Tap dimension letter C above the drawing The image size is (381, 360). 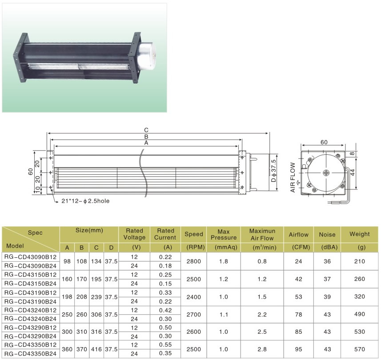pos(146,130)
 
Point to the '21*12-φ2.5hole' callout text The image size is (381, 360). pos(85,201)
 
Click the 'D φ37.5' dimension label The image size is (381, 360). pos(273,171)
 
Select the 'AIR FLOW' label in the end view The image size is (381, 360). pos(293,177)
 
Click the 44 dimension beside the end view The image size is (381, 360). pos(353,172)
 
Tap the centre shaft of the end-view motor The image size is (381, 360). pos(325,173)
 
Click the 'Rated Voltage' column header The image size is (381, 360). pos(134,234)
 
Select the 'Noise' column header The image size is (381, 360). pos(327,235)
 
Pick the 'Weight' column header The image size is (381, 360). pos(359,234)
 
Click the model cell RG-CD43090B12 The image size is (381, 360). pos(30,257)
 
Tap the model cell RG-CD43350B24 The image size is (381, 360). pos(30,354)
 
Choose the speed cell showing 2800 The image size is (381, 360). pos(194,261)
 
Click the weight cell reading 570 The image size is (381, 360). pos(360,349)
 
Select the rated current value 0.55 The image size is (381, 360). pos(165,345)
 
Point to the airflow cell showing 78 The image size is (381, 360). pos(298,315)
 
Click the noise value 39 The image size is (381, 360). pos(327,297)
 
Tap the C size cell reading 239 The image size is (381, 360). pos(96,297)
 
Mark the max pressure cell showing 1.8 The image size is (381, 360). pos(223,261)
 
